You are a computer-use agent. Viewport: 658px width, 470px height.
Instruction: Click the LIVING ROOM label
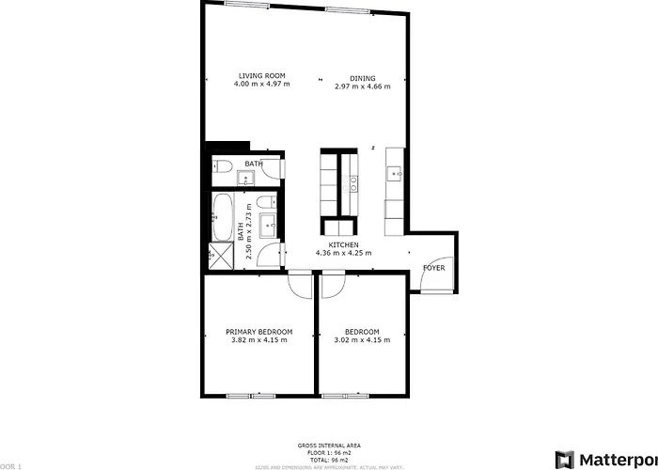point(261,76)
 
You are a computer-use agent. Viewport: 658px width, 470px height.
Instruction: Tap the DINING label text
point(363,79)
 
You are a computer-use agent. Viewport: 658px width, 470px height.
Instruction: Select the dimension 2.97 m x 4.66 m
point(363,86)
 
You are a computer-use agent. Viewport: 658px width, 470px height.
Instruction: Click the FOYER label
point(433,268)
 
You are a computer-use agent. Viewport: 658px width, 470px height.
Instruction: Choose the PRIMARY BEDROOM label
point(258,332)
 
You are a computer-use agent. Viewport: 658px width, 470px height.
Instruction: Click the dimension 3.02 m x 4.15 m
point(362,339)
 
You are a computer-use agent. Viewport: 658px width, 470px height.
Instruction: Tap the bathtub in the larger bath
point(223,217)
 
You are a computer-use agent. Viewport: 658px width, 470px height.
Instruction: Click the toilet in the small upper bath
point(222,167)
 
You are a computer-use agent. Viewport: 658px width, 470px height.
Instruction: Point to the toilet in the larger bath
point(270,253)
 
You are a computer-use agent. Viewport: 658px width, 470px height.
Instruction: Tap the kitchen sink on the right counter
point(395,173)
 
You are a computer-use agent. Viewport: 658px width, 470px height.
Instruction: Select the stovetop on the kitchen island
point(353,182)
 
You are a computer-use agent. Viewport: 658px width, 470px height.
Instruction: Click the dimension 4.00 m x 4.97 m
point(261,85)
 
